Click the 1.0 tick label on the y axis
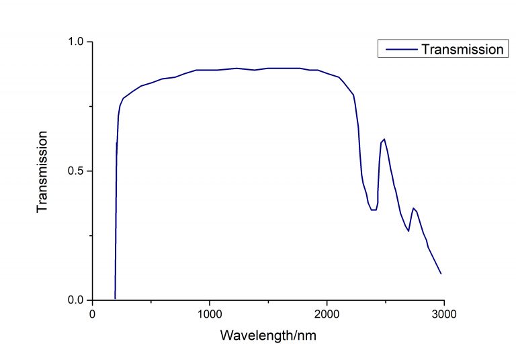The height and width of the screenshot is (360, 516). (77, 42)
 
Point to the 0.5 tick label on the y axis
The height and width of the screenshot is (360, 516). (77, 171)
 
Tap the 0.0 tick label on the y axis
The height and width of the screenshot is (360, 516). (77, 300)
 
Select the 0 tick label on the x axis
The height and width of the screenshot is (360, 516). (93, 314)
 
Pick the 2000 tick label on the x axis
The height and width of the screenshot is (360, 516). (327, 314)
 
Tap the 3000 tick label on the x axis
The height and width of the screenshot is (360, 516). (443, 314)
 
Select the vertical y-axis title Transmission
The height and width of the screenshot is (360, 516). (43, 171)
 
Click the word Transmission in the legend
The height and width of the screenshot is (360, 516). (462, 49)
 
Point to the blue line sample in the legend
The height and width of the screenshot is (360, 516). (398, 49)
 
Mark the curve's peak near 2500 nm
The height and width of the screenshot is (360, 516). (384, 139)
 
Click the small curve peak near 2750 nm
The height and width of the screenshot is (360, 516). (413, 208)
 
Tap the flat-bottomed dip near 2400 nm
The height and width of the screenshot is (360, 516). (373, 210)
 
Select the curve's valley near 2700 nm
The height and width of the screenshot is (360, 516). (408, 231)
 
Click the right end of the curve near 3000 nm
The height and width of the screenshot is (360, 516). (441, 273)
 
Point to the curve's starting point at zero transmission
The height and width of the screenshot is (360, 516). (116, 298)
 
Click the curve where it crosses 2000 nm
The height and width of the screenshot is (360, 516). (327, 73)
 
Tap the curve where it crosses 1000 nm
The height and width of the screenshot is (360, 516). (210, 70)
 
